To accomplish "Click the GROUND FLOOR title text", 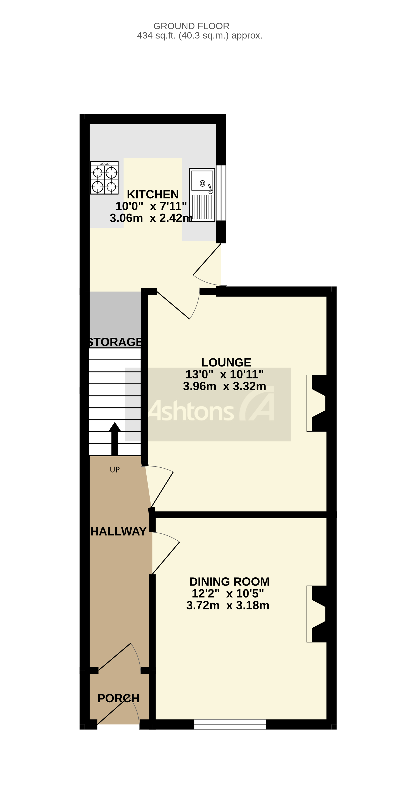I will pyautogui.click(x=191, y=26).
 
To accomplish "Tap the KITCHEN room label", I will pyautogui.click(x=153, y=194).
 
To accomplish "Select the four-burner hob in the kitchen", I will pyautogui.click(x=104, y=178).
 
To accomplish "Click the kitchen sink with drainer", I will pyautogui.click(x=202, y=195).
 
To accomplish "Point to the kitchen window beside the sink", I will pyautogui.click(x=221, y=193).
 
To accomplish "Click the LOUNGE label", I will pyautogui.click(x=226, y=362).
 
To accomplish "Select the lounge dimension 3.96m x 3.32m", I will pyautogui.click(x=224, y=386).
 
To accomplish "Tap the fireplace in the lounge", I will pyautogui.click(x=317, y=403).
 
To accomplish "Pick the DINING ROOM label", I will pyautogui.click(x=229, y=582).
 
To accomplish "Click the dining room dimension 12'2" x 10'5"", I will pyautogui.click(x=228, y=594).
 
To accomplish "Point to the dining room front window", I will pyautogui.click(x=230, y=724).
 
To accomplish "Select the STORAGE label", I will pyautogui.click(x=115, y=342).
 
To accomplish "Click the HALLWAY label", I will pyautogui.click(x=118, y=531).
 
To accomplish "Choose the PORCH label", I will pyautogui.click(x=118, y=698).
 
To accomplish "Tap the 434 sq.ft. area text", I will pyautogui.click(x=200, y=35).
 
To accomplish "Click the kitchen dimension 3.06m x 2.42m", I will pyautogui.click(x=151, y=218).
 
